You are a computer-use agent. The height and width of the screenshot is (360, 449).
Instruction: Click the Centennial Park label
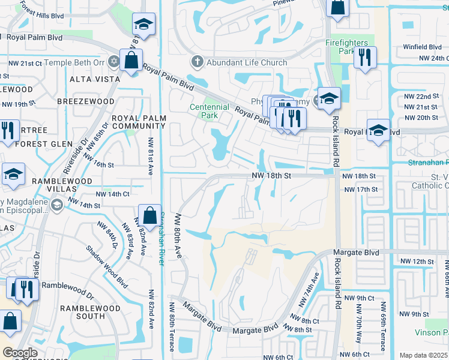[209, 112]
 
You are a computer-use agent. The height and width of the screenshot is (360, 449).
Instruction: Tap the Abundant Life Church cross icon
[197, 62]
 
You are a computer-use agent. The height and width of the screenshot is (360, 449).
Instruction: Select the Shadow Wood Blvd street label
[98, 264]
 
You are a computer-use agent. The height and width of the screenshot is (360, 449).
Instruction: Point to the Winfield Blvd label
[422, 47]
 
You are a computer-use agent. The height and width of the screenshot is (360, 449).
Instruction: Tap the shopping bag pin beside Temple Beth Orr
[131, 61]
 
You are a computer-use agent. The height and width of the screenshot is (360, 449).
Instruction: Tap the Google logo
[20, 353]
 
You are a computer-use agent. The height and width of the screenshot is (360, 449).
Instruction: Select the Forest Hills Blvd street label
[40, 5]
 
